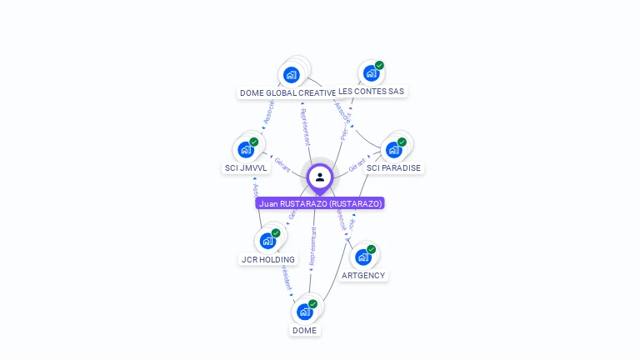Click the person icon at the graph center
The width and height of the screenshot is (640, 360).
320,177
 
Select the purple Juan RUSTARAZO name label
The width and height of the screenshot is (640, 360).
320,203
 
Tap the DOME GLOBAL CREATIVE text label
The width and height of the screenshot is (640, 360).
287,92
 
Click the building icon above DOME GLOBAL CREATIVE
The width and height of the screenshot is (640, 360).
291,74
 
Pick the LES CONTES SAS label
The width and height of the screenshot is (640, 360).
372,91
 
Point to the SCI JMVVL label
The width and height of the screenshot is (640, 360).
246,167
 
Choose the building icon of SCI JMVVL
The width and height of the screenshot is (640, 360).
245,149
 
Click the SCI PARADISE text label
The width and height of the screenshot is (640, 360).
394,167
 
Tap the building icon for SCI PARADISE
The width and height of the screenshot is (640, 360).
393,150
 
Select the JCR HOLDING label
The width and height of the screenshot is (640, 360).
267,259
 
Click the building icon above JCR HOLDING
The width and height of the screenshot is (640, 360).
267,241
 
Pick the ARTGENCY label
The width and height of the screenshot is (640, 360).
364,275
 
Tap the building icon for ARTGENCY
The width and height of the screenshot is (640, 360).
362,257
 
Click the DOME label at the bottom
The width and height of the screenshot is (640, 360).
304,330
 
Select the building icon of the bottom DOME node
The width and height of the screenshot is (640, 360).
304,312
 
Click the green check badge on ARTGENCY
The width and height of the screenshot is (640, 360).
372,249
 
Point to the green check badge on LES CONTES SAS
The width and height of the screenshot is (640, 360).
379,65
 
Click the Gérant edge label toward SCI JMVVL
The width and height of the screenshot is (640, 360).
282,165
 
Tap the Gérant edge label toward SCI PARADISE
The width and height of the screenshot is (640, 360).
357,164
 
